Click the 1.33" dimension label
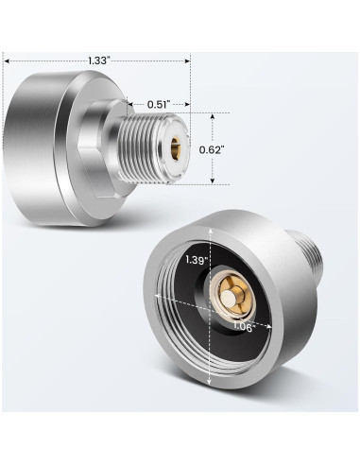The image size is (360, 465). (98, 60)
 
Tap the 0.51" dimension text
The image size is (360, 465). (159, 104)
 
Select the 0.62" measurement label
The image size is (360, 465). (212, 149)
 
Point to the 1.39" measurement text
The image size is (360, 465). (197, 260)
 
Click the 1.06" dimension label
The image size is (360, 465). (244, 327)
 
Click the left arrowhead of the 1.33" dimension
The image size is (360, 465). (7, 60)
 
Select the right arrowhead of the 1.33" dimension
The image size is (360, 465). (187, 60)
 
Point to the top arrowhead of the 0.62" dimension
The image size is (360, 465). (213, 117)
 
